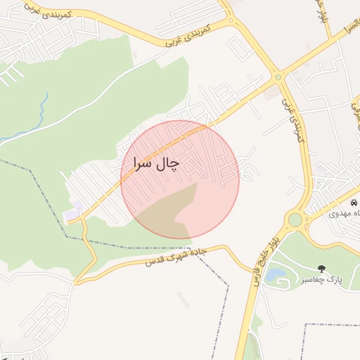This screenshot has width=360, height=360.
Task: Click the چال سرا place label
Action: point(155,163)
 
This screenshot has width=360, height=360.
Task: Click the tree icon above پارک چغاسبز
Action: point(321,268)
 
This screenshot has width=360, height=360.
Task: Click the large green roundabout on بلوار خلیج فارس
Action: point(295,220)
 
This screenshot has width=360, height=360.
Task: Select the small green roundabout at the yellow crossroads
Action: point(278,77)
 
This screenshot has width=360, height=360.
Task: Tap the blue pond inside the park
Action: point(275,274)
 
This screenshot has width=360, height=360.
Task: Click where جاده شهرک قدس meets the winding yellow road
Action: point(78,281)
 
